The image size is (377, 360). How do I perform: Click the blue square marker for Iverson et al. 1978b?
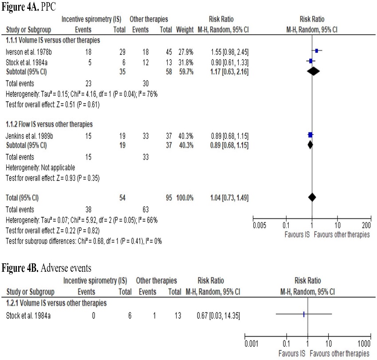point(316,51)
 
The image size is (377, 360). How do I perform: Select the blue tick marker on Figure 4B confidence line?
point(304,314)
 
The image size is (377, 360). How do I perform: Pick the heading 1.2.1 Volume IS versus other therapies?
point(57,303)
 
